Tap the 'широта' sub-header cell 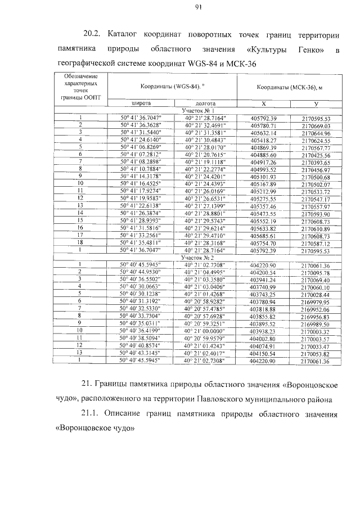141,104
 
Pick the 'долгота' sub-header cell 204,104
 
